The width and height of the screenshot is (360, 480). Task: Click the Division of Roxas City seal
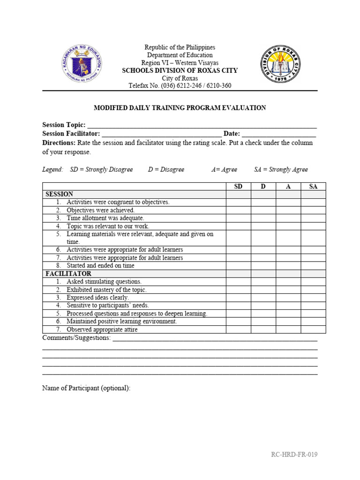coord(281,64)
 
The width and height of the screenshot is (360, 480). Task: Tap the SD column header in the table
coord(238,187)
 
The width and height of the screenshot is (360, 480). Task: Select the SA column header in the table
coord(313,187)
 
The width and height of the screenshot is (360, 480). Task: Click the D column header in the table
coord(263,187)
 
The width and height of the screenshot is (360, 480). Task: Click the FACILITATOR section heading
coord(68,274)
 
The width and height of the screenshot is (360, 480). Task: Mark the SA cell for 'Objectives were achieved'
coord(313,210)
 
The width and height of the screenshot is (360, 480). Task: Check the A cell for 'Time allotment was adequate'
coord(288,218)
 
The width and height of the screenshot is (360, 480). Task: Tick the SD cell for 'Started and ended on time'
coord(238,266)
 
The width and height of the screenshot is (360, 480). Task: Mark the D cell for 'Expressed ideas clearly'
coord(263,298)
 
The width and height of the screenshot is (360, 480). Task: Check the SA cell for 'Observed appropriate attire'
coord(313,330)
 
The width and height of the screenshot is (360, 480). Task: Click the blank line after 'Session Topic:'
coord(202,126)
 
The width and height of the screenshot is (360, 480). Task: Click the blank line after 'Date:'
coord(279,135)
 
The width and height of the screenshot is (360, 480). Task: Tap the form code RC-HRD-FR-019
coord(294,455)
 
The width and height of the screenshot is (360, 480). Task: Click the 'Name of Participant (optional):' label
coord(86,388)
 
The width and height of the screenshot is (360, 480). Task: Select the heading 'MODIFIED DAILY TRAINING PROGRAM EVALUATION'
coord(180,108)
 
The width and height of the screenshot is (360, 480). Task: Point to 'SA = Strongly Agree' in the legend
coord(281,170)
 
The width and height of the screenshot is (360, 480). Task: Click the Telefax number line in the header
coord(180,86)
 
